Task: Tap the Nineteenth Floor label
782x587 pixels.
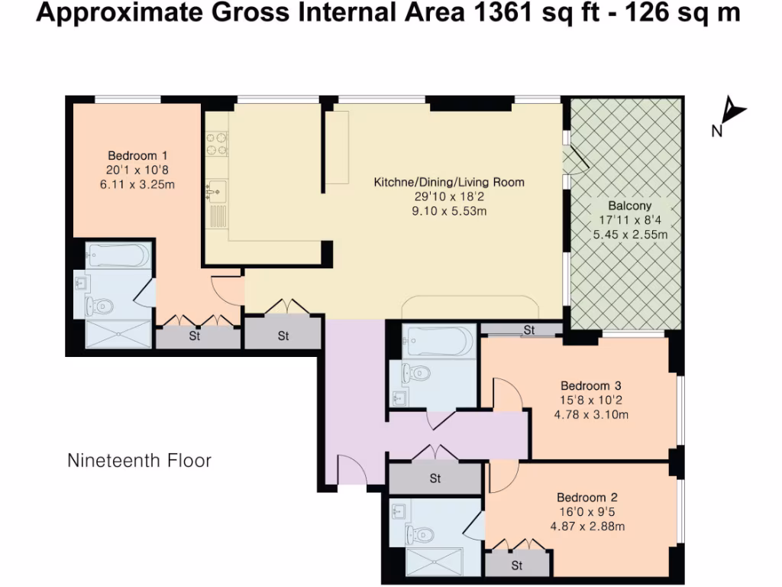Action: click(139, 461)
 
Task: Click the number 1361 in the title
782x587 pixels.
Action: click(497, 14)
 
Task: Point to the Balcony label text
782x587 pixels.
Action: click(630, 206)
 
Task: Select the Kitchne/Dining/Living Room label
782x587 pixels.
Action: click(449, 183)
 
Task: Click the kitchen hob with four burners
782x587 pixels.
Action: click(215, 144)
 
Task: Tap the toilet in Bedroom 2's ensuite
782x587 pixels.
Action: click(413, 533)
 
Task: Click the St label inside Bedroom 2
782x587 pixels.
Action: click(517, 566)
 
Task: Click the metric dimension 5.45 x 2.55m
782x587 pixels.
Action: click(630, 235)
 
